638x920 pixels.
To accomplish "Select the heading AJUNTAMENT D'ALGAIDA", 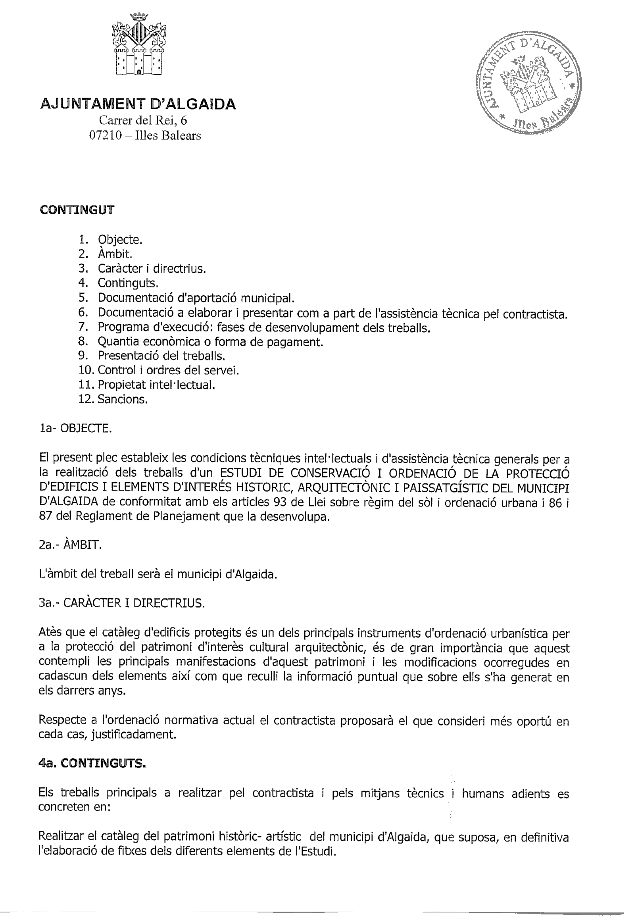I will [138, 105].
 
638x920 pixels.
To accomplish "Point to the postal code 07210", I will [105, 136].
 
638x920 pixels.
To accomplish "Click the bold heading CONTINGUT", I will [77, 210].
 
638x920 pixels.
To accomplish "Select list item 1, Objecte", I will [120, 240].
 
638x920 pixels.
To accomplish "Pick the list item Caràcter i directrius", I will [152, 269].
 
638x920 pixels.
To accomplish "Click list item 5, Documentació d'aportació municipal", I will [196, 298].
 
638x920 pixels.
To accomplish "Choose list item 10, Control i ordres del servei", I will [168, 371].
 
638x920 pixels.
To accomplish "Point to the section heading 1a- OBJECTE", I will [75, 429].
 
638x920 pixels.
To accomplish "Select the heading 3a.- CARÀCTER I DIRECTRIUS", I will [122, 603].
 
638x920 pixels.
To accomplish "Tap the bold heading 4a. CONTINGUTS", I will [92, 764].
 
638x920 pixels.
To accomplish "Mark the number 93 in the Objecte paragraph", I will [281, 502].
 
